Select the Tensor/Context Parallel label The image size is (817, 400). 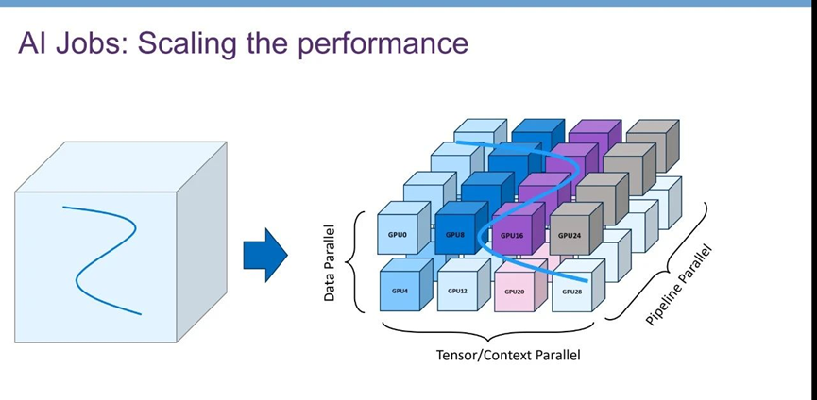(507, 356)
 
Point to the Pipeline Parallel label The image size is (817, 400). (679, 286)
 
